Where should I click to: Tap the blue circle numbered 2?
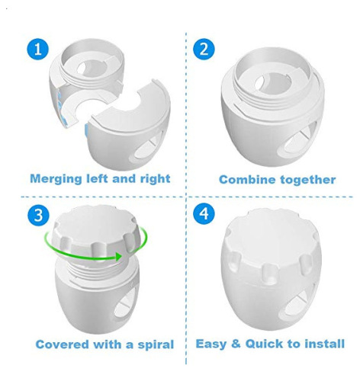pos(203,50)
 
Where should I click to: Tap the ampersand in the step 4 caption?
pos(236,344)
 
